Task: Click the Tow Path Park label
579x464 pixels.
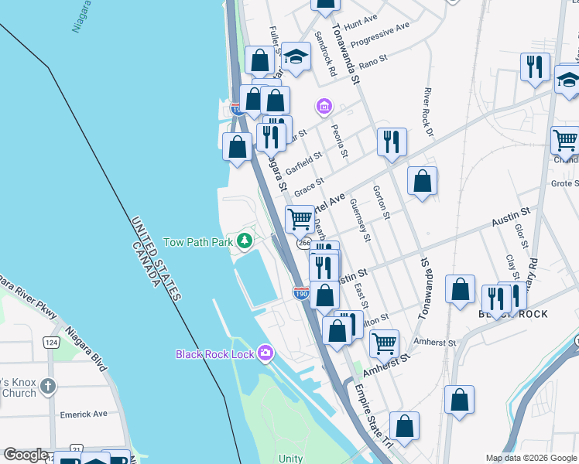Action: pyautogui.click(x=198, y=242)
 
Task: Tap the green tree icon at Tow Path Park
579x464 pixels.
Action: pyautogui.click(x=245, y=241)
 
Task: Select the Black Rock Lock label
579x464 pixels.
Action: pyautogui.click(x=214, y=354)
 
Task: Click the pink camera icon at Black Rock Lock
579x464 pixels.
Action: pyautogui.click(x=266, y=353)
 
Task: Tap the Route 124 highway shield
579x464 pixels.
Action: pyautogui.click(x=52, y=342)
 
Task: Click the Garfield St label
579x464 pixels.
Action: pyautogui.click(x=303, y=163)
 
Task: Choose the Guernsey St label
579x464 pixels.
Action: pyautogui.click(x=361, y=219)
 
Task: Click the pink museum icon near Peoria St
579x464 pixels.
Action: pyautogui.click(x=324, y=105)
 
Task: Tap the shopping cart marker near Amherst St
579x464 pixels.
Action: pyautogui.click(x=384, y=342)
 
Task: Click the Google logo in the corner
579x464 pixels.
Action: pyautogui.click(x=26, y=455)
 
